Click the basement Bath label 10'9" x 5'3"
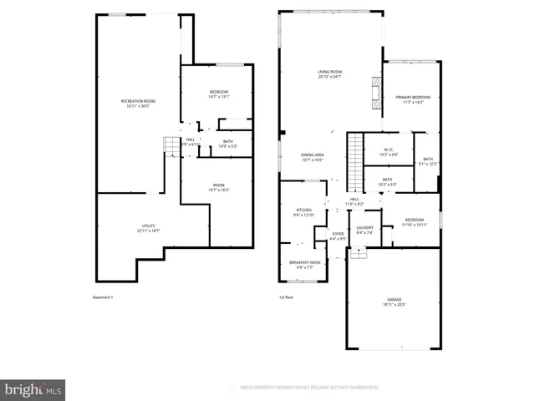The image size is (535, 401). [x=228, y=144]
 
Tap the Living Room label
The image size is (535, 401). [x=331, y=74]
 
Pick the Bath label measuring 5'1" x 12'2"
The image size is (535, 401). [x=428, y=161]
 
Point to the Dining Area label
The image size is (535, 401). [x=313, y=157]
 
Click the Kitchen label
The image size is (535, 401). [x=303, y=212]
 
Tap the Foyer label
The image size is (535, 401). [x=338, y=236]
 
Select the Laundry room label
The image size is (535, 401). [x=364, y=230]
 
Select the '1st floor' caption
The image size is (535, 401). [x=286, y=297]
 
